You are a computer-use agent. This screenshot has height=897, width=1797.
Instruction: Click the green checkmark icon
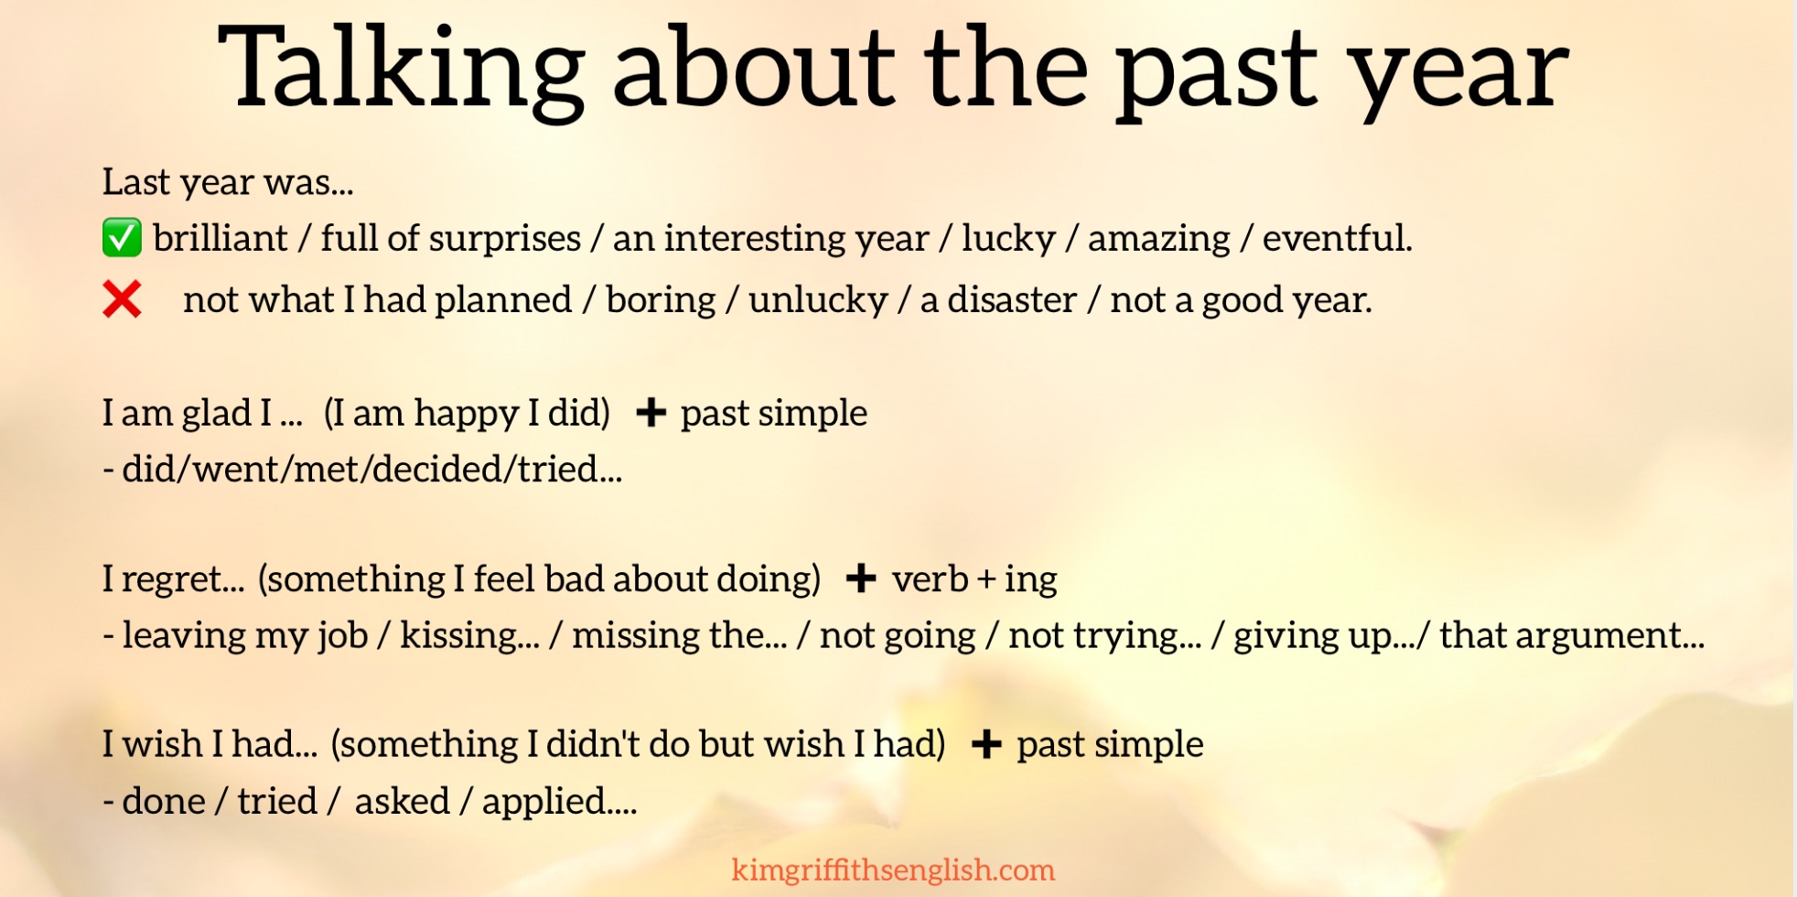[x=122, y=238]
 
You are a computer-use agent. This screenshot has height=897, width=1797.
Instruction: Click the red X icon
[x=122, y=299]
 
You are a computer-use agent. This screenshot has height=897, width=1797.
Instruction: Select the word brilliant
[x=220, y=239]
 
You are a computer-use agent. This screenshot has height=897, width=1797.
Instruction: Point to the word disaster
[x=1011, y=300]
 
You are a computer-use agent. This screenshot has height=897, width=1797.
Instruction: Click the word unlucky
[x=818, y=300]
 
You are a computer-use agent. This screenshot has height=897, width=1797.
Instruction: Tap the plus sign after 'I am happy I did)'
[x=651, y=413]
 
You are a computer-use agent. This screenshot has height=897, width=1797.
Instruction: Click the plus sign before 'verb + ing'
[x=860, y=578]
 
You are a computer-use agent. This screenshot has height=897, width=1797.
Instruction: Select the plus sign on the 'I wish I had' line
[x=985, y=744]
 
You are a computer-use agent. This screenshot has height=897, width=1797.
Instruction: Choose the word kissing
[x=468, y=635]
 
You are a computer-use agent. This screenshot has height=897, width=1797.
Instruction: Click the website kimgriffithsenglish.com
[x=893, y=870]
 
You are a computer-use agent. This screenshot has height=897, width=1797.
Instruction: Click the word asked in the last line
[x=402, y=802]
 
